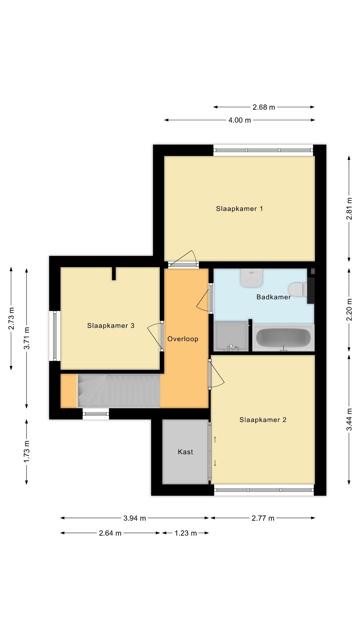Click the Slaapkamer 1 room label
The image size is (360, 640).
tap(239, 209)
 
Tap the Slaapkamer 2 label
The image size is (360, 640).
tap(263, 420)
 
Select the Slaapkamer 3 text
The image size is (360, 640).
tap(111, 326)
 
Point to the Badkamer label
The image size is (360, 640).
tap(273, 297)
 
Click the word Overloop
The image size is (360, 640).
tap(183, 339)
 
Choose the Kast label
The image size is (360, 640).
tap(185, 452)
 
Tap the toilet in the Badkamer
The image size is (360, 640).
tap(298, 289)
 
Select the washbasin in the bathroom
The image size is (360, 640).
tap(251, 278)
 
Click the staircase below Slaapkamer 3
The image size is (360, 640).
tap(119, 391)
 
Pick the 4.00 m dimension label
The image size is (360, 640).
tap(239, 120)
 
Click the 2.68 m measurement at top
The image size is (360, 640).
tap(264, 107)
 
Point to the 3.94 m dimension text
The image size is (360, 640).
tap(134, 518)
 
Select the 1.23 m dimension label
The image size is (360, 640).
tap(186, 533)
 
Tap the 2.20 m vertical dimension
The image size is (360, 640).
tap(349, 309)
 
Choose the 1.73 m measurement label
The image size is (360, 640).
tap(27, 452)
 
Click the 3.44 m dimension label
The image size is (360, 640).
tap(349, 420)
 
